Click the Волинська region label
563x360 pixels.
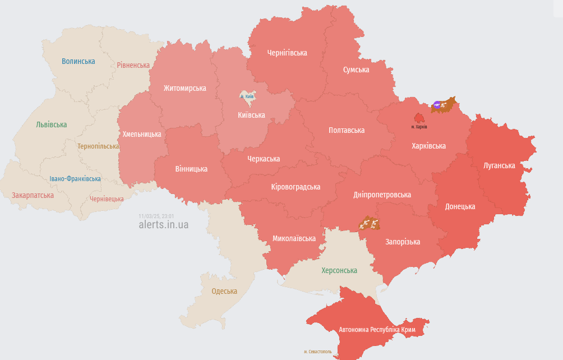click(x=79, y=61)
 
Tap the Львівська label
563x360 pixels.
click(x=51, y=124)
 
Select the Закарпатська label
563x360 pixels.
click(x=33, y=195)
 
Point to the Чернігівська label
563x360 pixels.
click(x=287, y=53)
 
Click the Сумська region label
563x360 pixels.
click(x=356, y=70)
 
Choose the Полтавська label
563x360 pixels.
click(x=347, y=130)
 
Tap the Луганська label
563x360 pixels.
click(x=499, y=165)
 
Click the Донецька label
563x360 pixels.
click(x=460, y=206)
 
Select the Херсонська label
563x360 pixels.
click(x=339, y=270)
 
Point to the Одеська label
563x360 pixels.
click(x=224, y=291)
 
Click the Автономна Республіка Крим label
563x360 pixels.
click(x=377, y=329)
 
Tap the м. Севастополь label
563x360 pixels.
click(x=318, y=352)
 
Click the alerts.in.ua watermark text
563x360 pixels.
click(x=164, y=225)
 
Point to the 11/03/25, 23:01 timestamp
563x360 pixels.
click(x=156, y=216)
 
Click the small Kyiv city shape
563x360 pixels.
click(x=247, y=96)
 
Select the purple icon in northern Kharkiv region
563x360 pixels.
click(x=437, y=104)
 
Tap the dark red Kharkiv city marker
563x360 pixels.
click(x=419, y=117)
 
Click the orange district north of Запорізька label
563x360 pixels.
click(x=370, y=224)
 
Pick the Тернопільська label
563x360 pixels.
click(x=98, y=146)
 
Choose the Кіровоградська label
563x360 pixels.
click(x=296, y=187)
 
